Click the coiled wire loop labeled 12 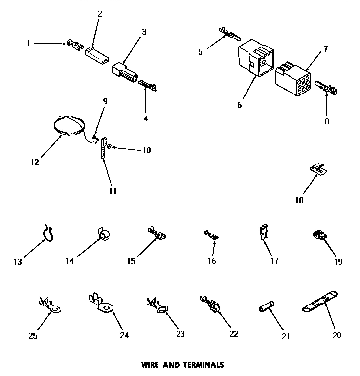(69, 125)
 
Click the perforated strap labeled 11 (104, 147)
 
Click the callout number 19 (338, 261)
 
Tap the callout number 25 (33, 335)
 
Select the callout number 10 (146, 150)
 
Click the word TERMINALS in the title (203, 365)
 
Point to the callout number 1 (28, 43)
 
